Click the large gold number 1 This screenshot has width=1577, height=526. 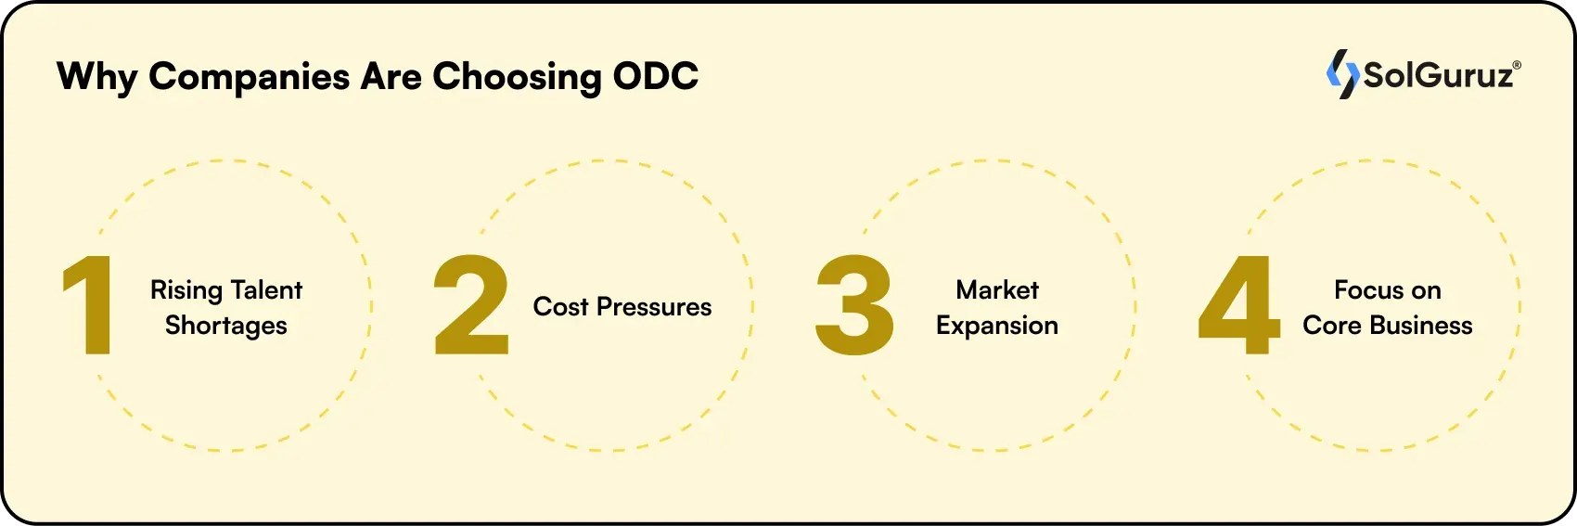pyautogui.click(x=90, y=305)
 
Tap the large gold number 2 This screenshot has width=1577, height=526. pyautogui.click(x=471, y=305)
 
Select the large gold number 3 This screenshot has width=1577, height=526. pyautogui.click(x=854, y=305)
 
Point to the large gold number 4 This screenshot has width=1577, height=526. pyautogui.click(x=1239, y=305)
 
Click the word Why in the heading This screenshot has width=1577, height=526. pyautogui.click(x=96, y=77)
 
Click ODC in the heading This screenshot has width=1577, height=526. pyautogui.click(x=656, y=76)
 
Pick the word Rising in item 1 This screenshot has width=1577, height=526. pyautogui.click(x=186, y=291)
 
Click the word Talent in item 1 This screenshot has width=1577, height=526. pyautogui.click(x=267, y=290)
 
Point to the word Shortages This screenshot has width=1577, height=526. pyautogui.click(x=226, y=326)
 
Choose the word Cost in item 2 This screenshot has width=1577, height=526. pyautogui.click(x=560, y=307)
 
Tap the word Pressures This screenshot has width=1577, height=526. pyautogui.click(x=654, y=307)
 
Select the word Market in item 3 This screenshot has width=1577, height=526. pyautogui.click(x=997, y=290)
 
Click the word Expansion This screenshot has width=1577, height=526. pyautogui.click(x=997, y=326)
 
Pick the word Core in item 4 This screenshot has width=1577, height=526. pyautogui.click(x=1331, y=326)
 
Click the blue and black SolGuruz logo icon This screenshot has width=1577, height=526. pyautogui.click(x=1342, y=74)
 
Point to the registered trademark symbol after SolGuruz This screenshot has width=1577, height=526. pyautogui.click(x=1517, y=66)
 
